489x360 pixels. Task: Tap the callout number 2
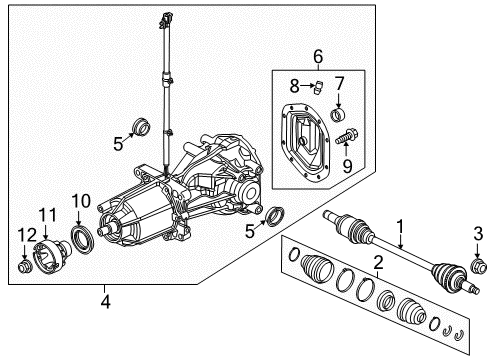(x=378, y=262)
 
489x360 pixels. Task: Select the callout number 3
(x=478, y=234)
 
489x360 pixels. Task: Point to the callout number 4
(x=105, y=302)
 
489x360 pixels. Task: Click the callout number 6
(x=318, y=56)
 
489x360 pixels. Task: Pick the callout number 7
(x=339, y=84)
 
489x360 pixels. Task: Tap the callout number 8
(x=294, y=86)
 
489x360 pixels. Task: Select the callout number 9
(x=347, y=166)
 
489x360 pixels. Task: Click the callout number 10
(x=81, y=201)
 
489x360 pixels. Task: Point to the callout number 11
(x=48, y=215)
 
